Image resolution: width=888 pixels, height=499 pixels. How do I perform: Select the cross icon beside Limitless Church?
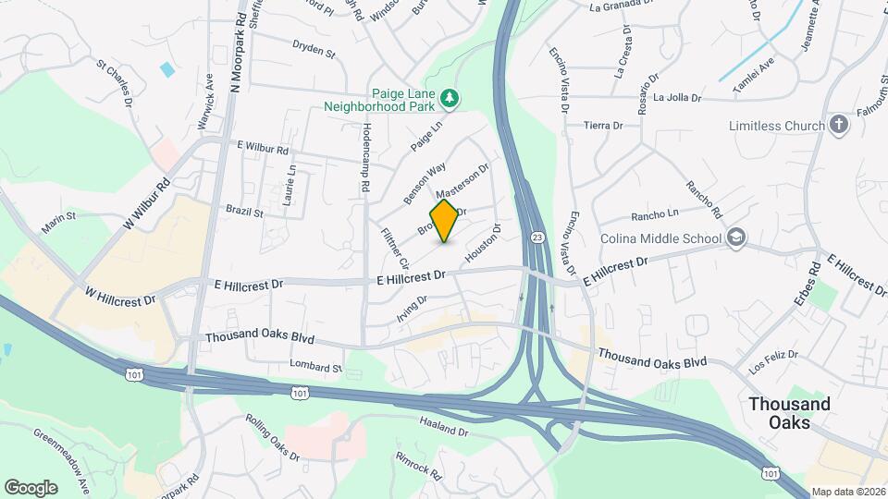[x=839, y=125]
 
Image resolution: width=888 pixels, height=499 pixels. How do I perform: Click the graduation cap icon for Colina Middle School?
[x=735, y=238]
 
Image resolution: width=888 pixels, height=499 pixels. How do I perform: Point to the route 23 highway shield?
[x=537, y=238]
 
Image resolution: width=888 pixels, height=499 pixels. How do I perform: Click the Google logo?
[x=31, y=487]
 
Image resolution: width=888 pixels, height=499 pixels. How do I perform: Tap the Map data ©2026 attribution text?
[x=847, y=492]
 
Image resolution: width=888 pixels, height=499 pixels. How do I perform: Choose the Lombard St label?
[x=315, y=367]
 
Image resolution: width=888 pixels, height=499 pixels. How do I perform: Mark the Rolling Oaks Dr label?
[x=274, y=437]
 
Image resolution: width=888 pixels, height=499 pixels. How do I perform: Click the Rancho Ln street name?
[x=655, y=216]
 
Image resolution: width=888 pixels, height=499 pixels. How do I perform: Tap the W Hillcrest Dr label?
[x=119, y=297]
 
